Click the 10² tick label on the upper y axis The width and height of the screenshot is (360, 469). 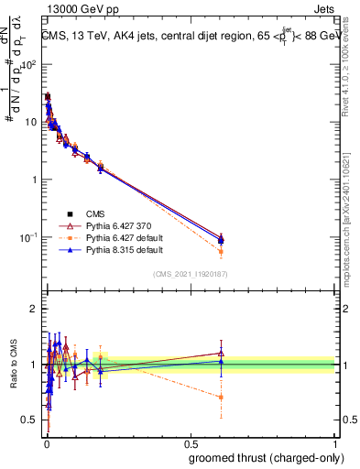pyautogui.click(x=29, y=64)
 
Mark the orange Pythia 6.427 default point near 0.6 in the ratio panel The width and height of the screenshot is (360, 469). pyautogui.click(x=221, y=397)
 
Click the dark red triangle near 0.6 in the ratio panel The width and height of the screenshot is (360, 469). pyautogui.click(x=221, y=353)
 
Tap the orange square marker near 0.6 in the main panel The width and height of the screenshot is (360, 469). pyautogui.click(x=221, y=251)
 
